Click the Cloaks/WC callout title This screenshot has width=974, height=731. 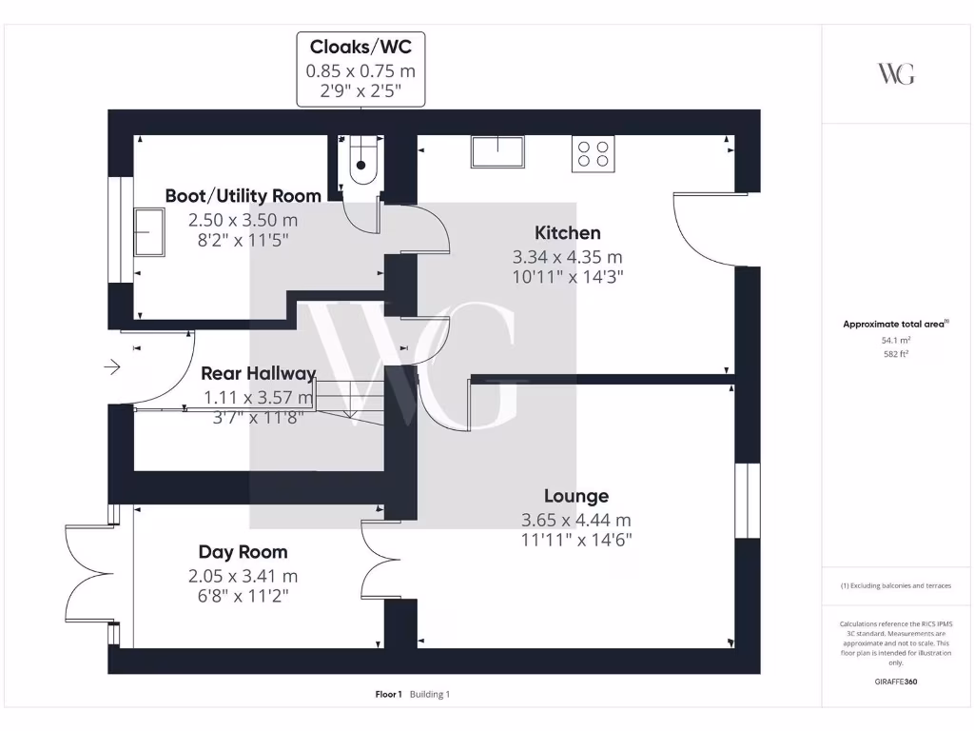(360, 47)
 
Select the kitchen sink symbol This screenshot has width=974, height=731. (497, 152)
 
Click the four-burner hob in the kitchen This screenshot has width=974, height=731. (593, 153)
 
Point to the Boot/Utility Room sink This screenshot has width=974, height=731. (146, 232)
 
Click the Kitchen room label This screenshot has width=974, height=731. (567, 232)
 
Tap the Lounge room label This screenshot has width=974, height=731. (575, 496)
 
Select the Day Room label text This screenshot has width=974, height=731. (243, 552)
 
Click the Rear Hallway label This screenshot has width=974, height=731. (258, 373)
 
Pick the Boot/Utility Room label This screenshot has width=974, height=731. (243, 195)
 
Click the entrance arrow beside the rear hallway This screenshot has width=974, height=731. (112, 366)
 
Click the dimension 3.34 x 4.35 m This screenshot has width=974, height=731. (567, 257)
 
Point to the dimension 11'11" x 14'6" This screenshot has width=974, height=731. (575, 540)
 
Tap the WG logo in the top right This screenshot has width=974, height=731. (896, 74)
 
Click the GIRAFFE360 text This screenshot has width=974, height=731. (895, 682)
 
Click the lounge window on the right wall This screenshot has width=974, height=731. (748, 501)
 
